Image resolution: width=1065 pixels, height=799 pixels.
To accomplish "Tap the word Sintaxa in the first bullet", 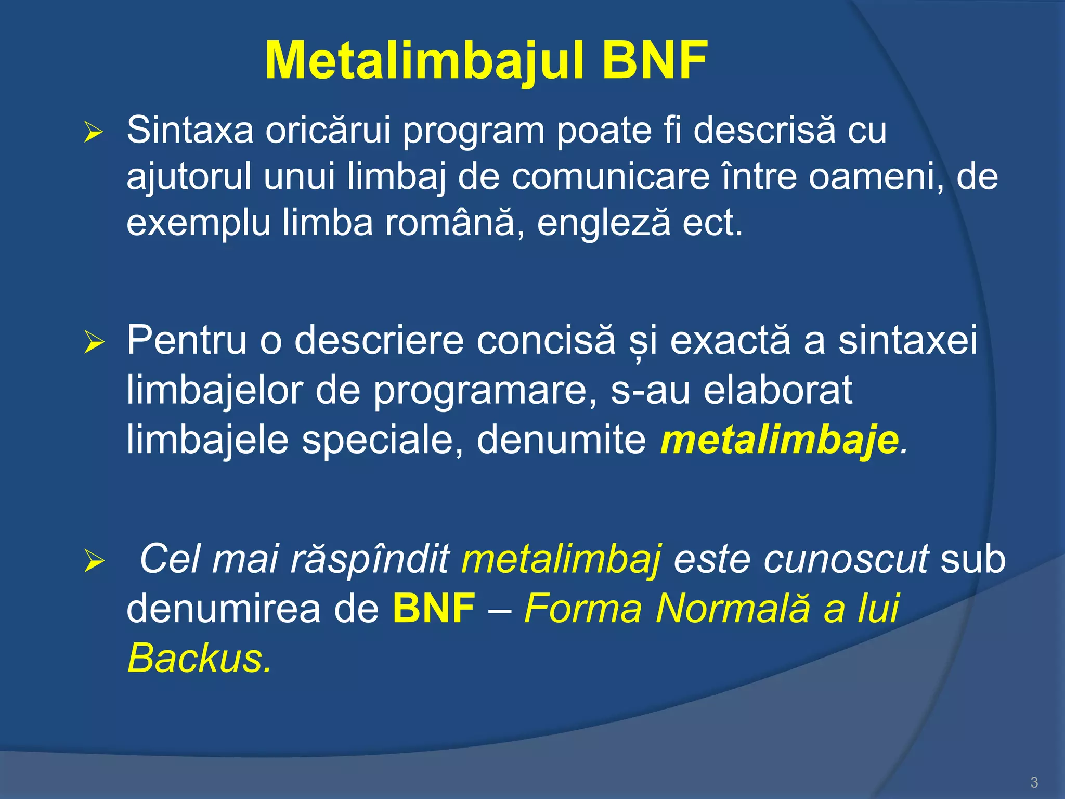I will (x=190, y=130).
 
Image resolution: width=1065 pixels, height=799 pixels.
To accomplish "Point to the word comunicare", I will (x=611, y=177).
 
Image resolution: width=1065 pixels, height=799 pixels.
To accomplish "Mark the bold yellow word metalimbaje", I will (x=780, y=440).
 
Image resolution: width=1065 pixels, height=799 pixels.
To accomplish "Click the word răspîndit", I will (x=370, y=560).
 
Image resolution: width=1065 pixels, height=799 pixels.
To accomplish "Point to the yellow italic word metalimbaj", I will (x=562, y=560).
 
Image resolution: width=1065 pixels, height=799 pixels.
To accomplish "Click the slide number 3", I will (x=1034, y=782).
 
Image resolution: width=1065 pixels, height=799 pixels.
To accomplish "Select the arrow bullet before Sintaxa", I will (x=94, y=133).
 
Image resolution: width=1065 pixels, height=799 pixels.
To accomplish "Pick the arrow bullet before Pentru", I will (x=94, y=343).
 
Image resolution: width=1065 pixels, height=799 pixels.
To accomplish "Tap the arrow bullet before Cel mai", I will (x=94, y=562).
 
